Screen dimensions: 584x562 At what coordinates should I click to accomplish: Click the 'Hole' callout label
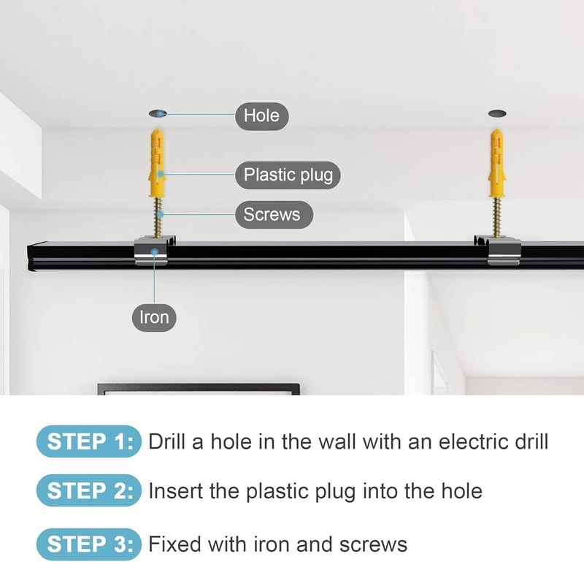(262, 116)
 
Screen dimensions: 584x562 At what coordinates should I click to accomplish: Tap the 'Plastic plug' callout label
(288, 175)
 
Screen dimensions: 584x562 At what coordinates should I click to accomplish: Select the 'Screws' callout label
(274, 214)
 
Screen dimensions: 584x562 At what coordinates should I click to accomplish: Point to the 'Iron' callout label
(154, 318)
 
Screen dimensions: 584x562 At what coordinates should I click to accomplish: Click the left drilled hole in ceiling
(158, 113)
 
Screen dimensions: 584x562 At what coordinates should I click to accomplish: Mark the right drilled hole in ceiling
(497, 113)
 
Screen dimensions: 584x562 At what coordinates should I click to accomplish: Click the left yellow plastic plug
(157, 163)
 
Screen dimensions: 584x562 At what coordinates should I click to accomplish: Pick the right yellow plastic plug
(496, 163)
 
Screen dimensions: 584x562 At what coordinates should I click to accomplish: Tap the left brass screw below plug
(158, 217)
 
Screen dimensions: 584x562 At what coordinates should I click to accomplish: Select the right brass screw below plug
(496, 217)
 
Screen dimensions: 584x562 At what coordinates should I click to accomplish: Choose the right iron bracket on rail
(498, 250)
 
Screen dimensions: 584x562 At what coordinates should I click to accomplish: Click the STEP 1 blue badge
(88, 441)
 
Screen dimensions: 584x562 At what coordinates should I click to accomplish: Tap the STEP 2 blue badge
(88, 491)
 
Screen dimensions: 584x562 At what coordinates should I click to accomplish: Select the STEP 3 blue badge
(88, 544)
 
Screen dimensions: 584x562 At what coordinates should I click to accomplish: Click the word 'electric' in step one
(473, 441)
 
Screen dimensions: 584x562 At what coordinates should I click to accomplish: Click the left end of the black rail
(28, 257)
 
